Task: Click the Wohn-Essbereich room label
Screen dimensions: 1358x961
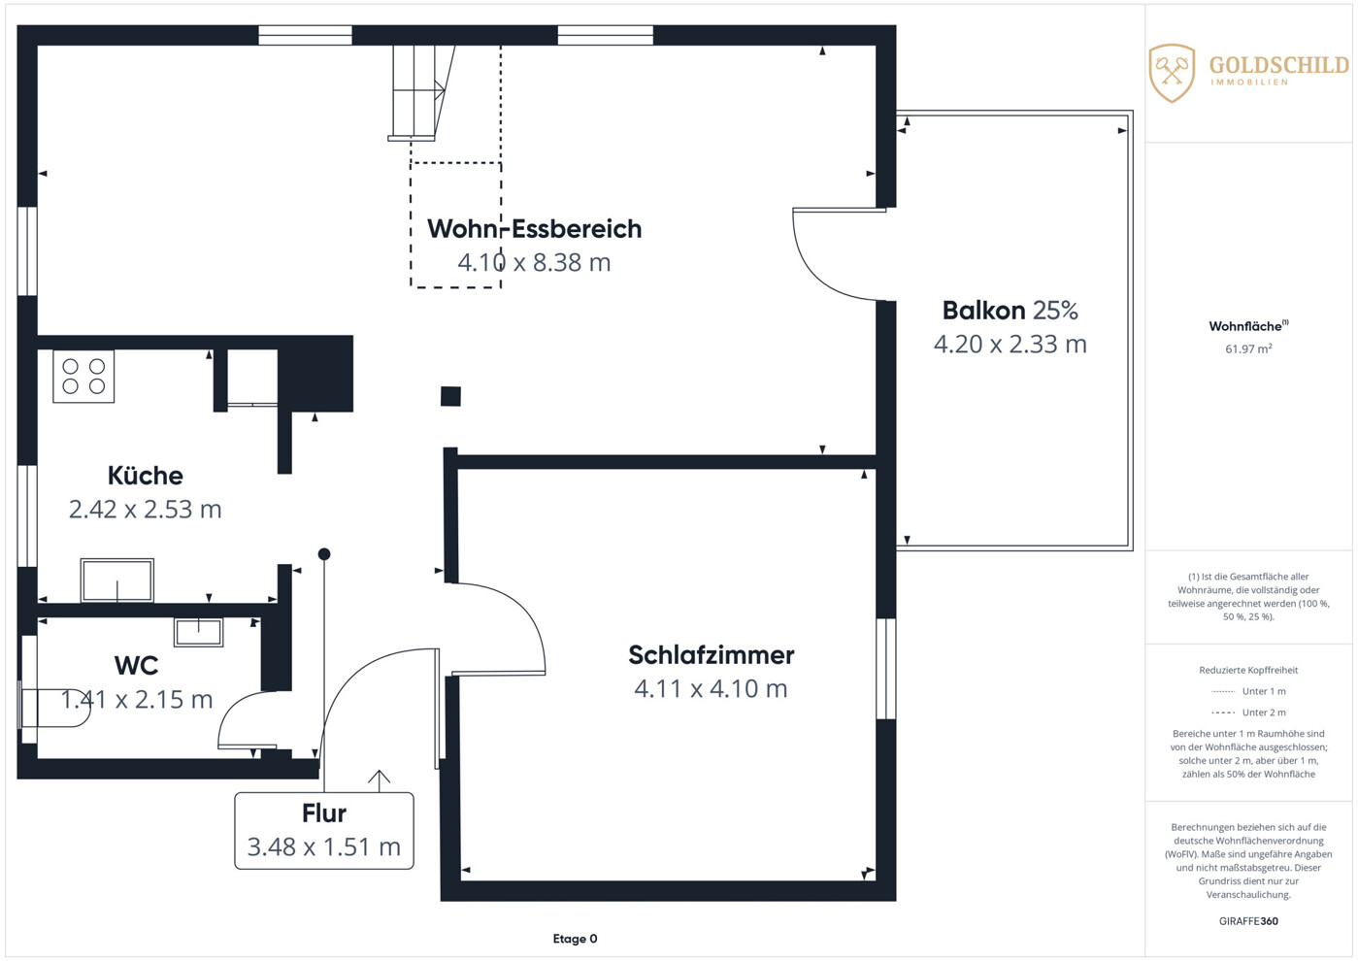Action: coord(534,229)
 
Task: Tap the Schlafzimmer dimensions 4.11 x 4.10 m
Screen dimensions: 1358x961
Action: coord(711,689)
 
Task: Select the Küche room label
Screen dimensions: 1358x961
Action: coord(146,476)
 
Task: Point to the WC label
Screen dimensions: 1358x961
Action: coord(137,666)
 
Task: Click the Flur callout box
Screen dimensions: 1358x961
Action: coord(324,831)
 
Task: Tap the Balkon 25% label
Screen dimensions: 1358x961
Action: coord(1010,311)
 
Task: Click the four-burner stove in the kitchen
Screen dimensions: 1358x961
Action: coord(83,376)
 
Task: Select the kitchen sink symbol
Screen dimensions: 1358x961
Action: coord(117,580)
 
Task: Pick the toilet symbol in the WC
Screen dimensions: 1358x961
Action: coord(54,707)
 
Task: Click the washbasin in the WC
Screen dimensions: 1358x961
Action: coord(198,632)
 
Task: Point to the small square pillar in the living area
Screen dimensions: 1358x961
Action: coord(450,396)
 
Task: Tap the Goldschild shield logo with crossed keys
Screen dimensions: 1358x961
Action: coord(1172,73)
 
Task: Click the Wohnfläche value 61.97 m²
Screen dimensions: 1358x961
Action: coord(1248,348)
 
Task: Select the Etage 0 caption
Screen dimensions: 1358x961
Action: coord(575,939)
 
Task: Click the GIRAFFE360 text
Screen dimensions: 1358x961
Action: coord(1248,921)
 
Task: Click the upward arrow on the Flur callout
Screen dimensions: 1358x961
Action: coord(379,780)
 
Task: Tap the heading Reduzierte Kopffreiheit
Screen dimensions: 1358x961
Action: coord(1248,670)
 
